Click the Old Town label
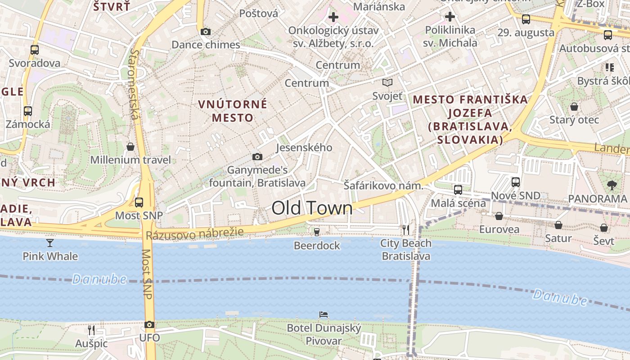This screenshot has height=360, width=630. click(312, 208)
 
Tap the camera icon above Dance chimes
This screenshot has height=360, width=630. click(205, 31)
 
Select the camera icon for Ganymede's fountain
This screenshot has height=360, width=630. click(257, 157)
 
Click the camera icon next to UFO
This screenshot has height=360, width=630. click(149, 324)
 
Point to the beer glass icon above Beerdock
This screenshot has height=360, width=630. click(317, 232)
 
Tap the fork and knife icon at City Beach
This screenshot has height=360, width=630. click(406, 229)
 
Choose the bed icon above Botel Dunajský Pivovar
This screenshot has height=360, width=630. click(324, 314)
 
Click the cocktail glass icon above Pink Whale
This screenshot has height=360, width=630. click(50, 243)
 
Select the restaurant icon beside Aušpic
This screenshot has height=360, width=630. click(91, 330)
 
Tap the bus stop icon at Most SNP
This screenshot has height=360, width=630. click(139, 202)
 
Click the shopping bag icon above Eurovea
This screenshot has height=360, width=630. click(499, 216)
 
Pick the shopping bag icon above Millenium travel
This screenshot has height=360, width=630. click(130, 147)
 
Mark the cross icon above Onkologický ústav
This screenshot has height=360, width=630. click(333, 18)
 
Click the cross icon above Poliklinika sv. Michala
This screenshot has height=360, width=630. click(450, 17)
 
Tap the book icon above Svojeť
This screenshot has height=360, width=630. click(387, 82)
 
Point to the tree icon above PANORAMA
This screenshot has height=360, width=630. click(611, 184)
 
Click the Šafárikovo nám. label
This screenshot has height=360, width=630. click(383, 185)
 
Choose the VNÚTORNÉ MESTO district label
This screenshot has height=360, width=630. click(233, 111)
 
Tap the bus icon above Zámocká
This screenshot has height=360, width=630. click(28, 111)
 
